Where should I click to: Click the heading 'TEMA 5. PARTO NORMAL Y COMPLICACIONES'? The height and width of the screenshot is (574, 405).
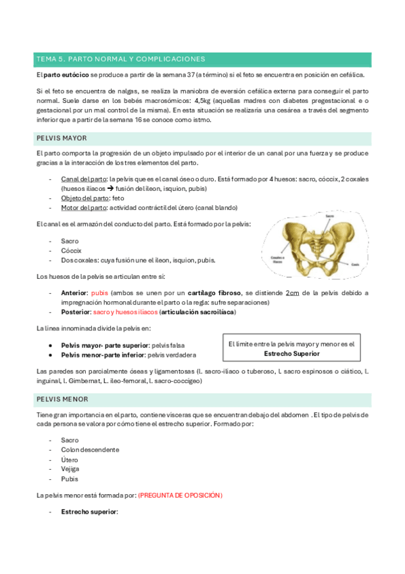(x=120, y=60)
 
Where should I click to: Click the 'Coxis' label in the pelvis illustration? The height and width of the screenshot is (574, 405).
(x=354, y=265)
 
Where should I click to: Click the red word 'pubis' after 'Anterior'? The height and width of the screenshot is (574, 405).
(x=99, y=293)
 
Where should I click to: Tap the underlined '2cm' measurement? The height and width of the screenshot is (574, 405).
(x=292, y=293)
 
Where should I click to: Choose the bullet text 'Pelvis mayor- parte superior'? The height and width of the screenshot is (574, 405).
(x=105, y=345)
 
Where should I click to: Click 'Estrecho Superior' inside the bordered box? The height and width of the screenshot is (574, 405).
(x=291, y=353)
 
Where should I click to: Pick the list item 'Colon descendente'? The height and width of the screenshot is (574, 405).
(x=90, y=449)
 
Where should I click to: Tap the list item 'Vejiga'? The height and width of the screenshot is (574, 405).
(x=70, y=468)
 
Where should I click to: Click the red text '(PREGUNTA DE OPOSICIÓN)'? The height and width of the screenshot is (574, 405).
(x=180, y=495)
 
